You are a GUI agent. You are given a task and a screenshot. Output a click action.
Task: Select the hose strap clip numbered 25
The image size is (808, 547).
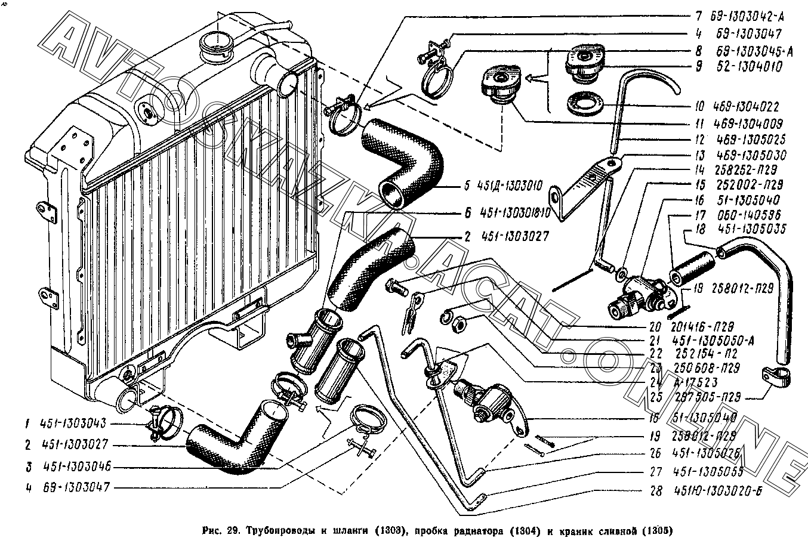(776, 377)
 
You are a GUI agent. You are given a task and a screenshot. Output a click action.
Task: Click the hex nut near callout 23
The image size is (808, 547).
(458, 325)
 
